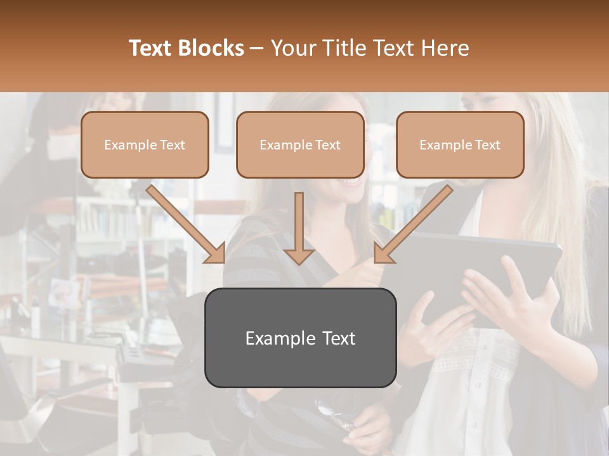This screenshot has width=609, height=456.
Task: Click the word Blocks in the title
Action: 212,48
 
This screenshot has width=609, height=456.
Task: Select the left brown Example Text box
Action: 145,145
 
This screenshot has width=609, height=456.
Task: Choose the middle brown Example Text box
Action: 300,145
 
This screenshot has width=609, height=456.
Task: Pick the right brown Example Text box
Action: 460,145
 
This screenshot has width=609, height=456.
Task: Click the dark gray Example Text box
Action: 300,338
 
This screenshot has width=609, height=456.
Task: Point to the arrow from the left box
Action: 184,222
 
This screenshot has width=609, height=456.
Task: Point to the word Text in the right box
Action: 488,145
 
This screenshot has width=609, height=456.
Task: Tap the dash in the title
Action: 257,49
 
